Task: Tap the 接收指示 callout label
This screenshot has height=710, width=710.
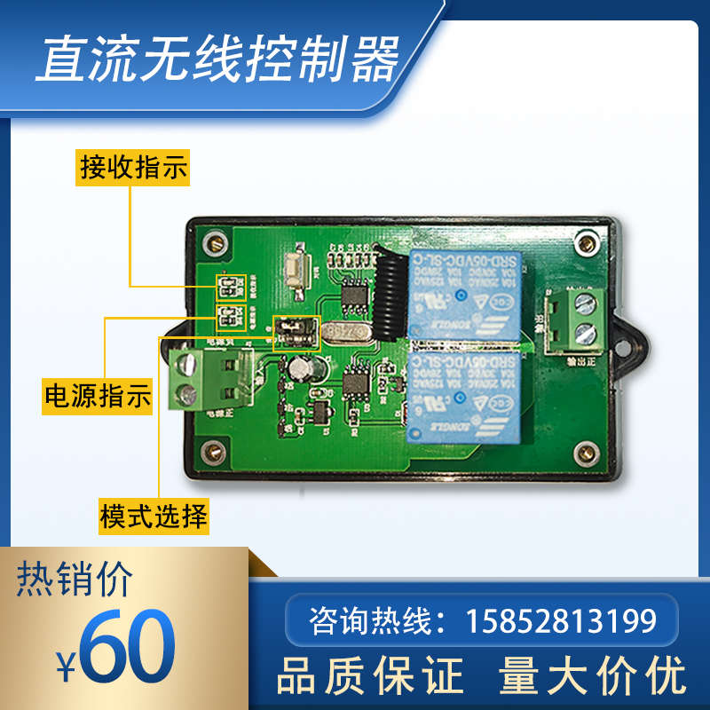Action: pyautogui.click(x=134, y=167)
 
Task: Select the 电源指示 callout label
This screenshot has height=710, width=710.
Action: pyautogui.click(x=99, y=395)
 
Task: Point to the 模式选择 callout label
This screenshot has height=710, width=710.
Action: pyautogui.click(x=154, y=515)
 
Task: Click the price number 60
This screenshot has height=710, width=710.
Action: pyautogui.click(x=127, y=645)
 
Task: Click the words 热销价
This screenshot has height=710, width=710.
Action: pyautogui.click(x=75, y=580)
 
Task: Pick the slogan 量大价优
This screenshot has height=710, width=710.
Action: pyautogui.click(x=593, y=675)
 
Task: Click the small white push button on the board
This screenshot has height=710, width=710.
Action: pyautogui.click(x=295, y=265)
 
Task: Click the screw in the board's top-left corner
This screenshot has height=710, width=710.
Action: pyautogui.click(x=214, y=241)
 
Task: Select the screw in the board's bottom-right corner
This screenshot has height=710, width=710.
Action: pyautogui.click(x=585, y=454)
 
